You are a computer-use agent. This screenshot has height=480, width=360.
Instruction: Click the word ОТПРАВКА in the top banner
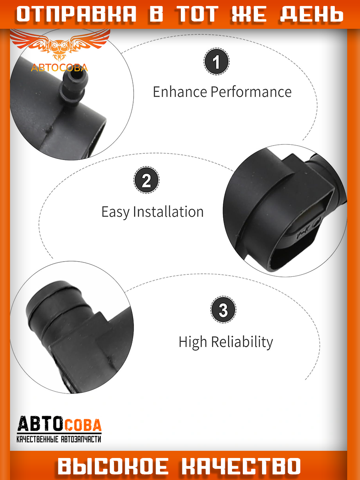76,14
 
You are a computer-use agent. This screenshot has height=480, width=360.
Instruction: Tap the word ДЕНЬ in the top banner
312,14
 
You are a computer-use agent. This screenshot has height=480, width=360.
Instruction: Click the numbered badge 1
216,62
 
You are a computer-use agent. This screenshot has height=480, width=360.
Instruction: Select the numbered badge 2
146,180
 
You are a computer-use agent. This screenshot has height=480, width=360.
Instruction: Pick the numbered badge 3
223,310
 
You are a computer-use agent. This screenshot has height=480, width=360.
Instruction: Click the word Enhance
180,92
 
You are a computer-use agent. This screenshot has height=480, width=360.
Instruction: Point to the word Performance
251,92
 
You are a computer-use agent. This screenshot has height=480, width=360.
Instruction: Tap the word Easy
115,212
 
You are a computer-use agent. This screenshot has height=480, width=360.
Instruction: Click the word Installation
168,212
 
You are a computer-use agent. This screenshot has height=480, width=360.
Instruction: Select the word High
192,342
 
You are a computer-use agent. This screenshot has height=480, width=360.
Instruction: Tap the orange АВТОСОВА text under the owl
59,68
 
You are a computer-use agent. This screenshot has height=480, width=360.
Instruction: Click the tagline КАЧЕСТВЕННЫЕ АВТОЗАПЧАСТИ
59,439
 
